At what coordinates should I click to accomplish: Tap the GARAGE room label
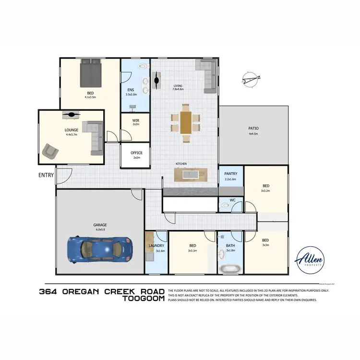point(100,225)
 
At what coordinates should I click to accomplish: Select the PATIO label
point(253,128)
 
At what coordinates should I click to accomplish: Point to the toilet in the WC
point(225,205)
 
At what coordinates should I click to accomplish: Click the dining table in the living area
point(186,122)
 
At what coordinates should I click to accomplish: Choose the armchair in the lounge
point(50,151)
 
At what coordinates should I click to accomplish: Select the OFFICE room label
point(136,153)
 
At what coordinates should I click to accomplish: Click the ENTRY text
point(47,176)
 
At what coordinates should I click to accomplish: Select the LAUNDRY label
point(156,246)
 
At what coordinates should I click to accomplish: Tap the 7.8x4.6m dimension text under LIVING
point(178,90)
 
